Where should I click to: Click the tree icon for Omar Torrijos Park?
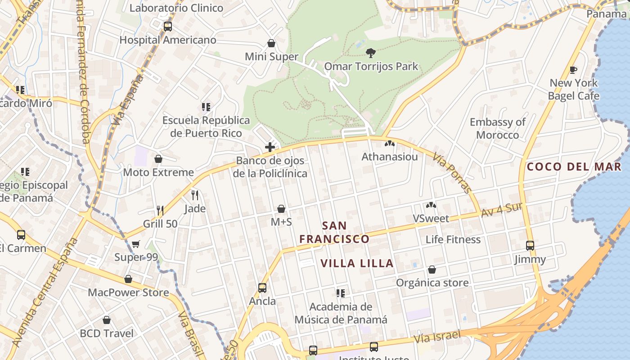(371, 53)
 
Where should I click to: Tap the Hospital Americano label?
(168, 40)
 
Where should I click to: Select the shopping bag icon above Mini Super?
(271, 43)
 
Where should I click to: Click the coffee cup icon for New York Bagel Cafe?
(573, 70)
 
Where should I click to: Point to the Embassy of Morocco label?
(498, 129)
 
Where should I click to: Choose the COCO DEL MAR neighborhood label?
(574, 167)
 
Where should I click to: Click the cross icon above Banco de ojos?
(270, 147)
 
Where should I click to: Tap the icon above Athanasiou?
(390, 144)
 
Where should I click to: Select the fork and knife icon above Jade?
(195, 195)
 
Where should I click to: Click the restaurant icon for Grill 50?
(160, 210)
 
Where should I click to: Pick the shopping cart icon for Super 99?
(136, 244)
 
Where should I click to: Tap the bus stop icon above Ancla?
(262, 288)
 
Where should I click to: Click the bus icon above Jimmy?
(530, 246)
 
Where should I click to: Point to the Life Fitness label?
(453, 239)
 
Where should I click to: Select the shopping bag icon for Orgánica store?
(432, 270)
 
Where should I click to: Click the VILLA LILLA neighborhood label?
(357, 263)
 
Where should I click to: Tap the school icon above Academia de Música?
(341, 293)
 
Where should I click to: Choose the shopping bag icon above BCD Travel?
(107, 320)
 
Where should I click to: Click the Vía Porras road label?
(452, 173)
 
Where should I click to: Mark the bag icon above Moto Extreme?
(158, 159)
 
